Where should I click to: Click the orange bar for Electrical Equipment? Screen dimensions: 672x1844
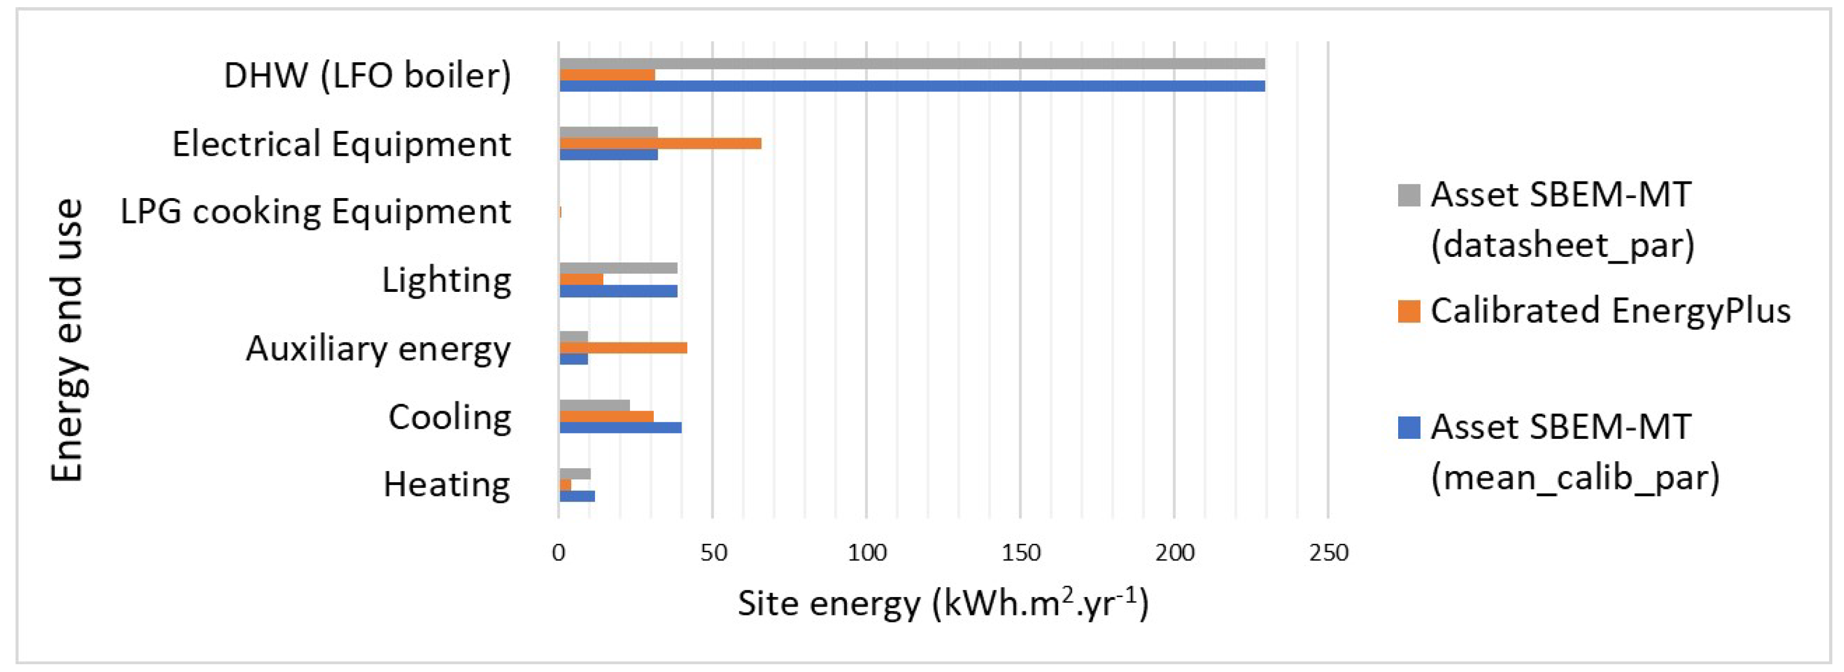pyautogui.click(x=660, y=143)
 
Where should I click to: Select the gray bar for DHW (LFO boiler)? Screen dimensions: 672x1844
pyautogui.click(x=912, y=64)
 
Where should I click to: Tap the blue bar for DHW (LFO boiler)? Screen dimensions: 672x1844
pyautogui.click(x=912, y=86)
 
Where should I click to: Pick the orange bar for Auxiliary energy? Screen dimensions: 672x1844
pyautogui.click(x=623, y=348)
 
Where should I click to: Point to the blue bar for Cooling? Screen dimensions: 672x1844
pyautogui.click(x=620, y=428)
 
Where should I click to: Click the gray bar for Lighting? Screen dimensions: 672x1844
pyautogui.click(x=618, y=269)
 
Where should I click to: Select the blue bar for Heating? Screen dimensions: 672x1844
pyautogui.click(x=576, y=496)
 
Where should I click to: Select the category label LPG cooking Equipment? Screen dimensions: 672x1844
pyautogui.click(x=316, y=212)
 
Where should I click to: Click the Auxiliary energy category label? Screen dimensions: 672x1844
pyautogui.click(x=378, y=349)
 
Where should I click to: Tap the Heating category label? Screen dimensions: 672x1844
pyautogui.click(x=446, y=485)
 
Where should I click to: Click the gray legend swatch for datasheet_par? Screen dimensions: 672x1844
pyautogui.click(x=1409, y=195)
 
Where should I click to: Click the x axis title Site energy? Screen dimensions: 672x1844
pyautogui.click(x=943, y=604)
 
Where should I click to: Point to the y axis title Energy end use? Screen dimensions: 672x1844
pyautogui.click(x=68, y=340)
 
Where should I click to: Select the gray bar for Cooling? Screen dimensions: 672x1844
pyautogui.click(x=594, y=406)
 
